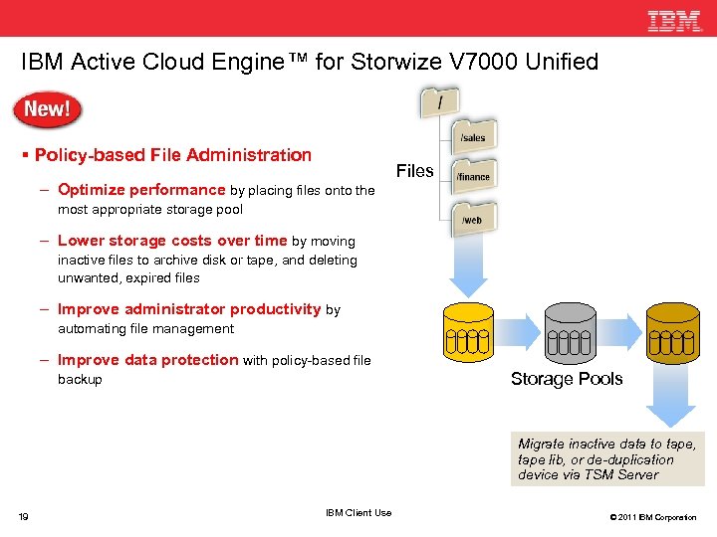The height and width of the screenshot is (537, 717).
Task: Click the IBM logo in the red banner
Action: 675,21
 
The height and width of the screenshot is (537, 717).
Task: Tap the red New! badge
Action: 47,109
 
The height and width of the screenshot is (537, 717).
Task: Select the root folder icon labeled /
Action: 440,101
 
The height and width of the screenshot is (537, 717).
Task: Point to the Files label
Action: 414,171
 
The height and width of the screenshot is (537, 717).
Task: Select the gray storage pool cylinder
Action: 570,331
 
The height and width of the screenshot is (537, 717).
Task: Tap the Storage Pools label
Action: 567,379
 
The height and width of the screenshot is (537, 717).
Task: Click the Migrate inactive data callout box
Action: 606,459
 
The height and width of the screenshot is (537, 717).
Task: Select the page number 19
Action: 23,516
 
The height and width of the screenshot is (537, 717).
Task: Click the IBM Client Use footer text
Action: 358,513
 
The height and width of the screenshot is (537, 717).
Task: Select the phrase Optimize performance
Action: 141,190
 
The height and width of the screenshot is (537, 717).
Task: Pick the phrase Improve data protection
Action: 147,360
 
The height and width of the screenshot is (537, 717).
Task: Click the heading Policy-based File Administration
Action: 172,155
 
